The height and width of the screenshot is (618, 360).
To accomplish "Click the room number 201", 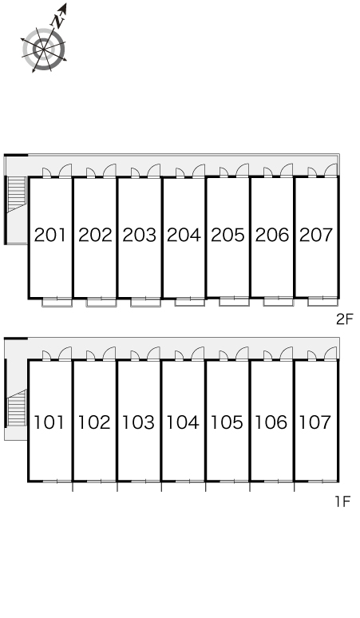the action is point(50,235).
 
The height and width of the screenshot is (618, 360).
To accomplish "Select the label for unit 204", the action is point(184,235).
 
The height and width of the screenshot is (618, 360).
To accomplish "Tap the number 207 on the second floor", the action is point(316,235).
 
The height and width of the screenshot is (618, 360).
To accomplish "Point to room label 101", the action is point(49,422).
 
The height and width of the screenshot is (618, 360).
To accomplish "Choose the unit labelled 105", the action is point(227,422).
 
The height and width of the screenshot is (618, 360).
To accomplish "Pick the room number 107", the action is point(315,422).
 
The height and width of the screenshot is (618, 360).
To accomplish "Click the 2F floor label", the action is point(344,319).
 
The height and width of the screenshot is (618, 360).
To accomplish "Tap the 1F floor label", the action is point(342,501).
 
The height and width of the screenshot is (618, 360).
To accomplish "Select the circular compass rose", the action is point(43,50).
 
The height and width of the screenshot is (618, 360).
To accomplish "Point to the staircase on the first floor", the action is point(17,408).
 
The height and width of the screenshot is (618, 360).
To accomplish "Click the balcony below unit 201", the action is point(57,303).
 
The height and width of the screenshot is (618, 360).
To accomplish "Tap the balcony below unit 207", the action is point(323,301).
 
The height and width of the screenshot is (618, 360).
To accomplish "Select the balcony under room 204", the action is point(190,302).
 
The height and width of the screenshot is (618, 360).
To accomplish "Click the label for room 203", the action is point(140,235).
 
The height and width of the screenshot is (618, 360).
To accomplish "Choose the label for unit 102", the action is point(94,422).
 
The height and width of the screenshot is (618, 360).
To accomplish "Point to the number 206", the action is point(272,235).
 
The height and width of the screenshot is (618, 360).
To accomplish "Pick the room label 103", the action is point(138,422).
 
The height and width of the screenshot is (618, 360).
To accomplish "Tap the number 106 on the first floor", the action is point(271,422).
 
